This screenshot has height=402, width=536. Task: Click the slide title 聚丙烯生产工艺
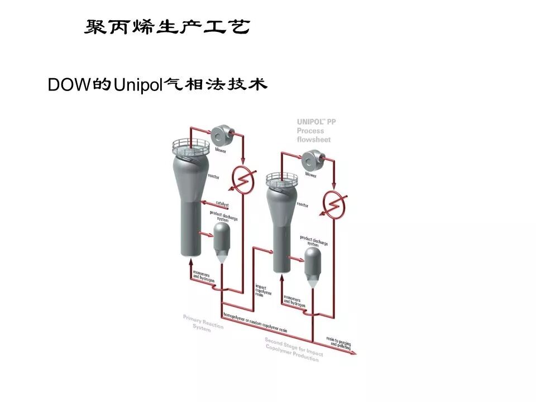[166, 26]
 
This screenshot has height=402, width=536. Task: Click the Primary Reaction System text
[203, 323]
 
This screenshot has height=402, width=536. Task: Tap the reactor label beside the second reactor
[302, 205]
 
